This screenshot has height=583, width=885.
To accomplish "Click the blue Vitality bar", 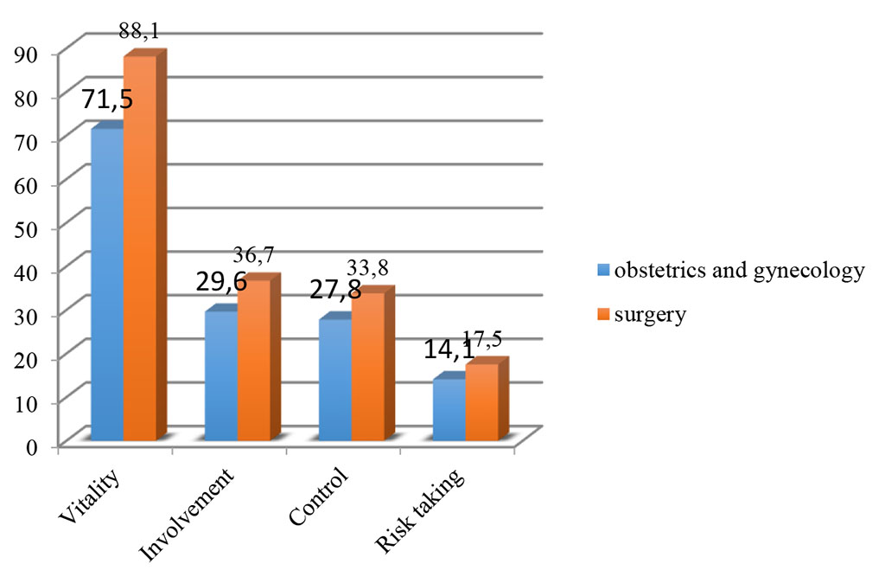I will click(x=106, y=285).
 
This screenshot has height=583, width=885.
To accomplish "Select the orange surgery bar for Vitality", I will click(x=139, y=251).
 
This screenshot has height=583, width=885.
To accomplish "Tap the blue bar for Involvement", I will click(x=220, y=376).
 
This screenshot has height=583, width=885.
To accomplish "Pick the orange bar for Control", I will click(x=367, y=368).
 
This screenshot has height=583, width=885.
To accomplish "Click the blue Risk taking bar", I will click(x=449, y=411).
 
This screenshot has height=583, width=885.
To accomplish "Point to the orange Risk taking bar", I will click(x=481, y=402).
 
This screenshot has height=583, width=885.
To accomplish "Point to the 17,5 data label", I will click(x=481, y=338).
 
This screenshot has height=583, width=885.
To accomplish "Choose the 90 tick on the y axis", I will click(x=30, y=53).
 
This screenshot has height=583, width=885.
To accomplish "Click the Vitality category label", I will click(x=91, y=497).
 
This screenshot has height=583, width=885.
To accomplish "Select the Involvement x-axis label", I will click(x=188, y=515).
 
